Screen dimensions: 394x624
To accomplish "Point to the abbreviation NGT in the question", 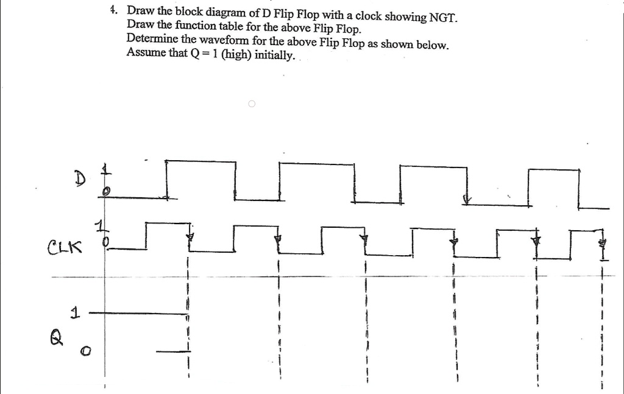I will click(x=443, y=16).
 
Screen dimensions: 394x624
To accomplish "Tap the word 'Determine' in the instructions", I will click(x=151, y=38).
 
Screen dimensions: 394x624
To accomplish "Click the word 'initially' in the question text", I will click(x=273, y=56).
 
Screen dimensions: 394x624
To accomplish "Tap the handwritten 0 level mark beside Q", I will click(x=87, y=351).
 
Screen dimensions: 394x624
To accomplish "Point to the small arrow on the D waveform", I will click(x=467, y=199).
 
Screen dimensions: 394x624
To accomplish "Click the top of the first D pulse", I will click(x=200, y=161).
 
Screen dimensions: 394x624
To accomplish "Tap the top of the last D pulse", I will click(x=553, y=169).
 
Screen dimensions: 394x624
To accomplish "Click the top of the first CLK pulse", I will click(x=166, y=223).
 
